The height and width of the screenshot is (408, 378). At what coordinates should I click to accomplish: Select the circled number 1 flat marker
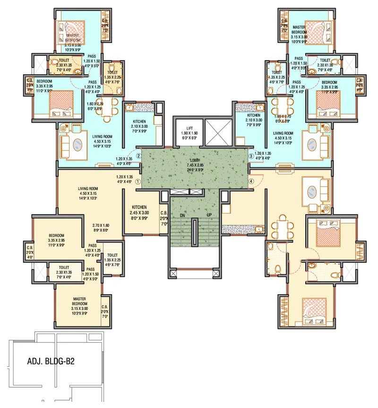(138, 181)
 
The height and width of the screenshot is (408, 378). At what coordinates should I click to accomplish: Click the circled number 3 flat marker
(251, 156)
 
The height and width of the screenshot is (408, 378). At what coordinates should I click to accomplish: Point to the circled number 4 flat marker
(251, 181)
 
